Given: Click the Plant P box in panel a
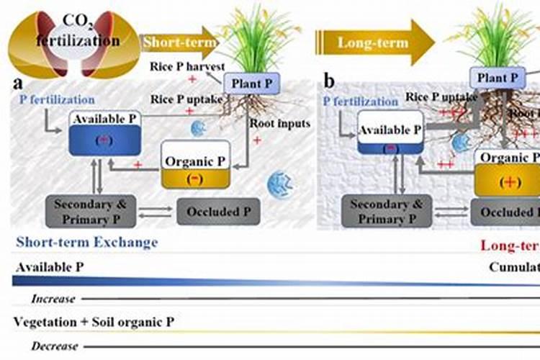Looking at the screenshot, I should (251, 84).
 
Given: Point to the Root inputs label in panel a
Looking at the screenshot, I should (280, 123).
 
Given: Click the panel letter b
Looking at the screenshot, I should (329, 81).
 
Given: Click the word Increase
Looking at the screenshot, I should (54, 297).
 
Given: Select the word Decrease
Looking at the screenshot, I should (55, 346).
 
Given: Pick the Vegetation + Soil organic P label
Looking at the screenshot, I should (94, 322).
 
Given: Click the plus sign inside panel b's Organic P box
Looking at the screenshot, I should (510, 181).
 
